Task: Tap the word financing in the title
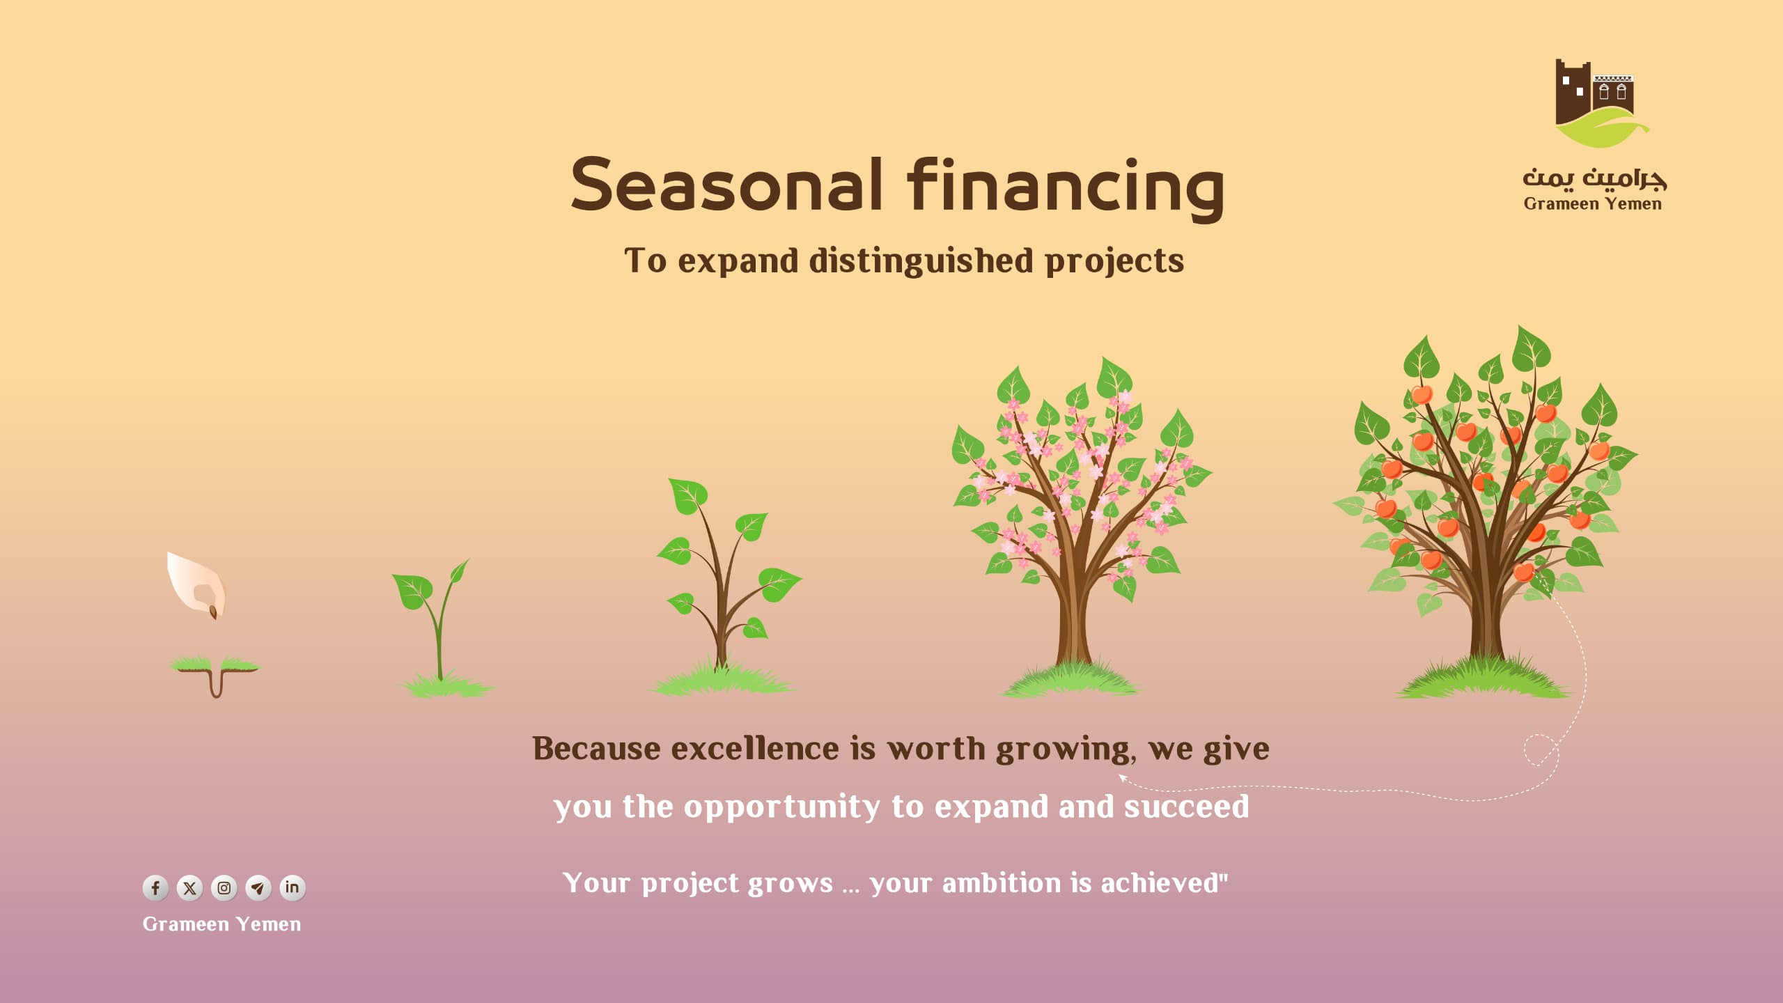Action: tap(1066, 187)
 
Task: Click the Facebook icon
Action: tap(155, 887)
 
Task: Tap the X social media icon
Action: tap(189, 887)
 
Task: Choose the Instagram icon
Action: tap(224, 887)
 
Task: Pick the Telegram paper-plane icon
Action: tap(258, 887)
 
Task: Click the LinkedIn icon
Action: tap(292, 887)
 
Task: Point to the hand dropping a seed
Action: tap(195, 582)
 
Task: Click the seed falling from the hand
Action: tap(213, 612)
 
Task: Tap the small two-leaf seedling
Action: tap(438, 627)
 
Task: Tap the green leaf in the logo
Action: tap(1602, 130)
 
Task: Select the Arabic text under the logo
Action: tap(1594, 179)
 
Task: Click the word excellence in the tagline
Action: tap(756, 749)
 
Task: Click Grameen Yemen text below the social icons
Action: tap(221, 924)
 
